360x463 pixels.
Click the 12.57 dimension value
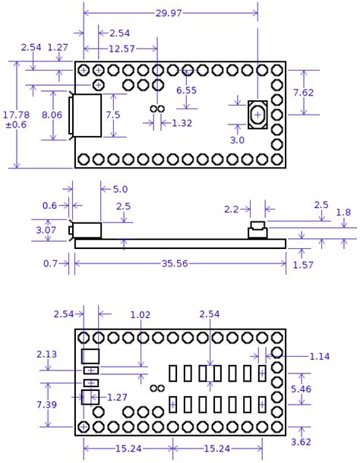[122, 49]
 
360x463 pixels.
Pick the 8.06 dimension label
[52, 115]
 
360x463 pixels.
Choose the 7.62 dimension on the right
[324, 93]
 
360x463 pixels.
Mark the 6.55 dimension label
[187, 90]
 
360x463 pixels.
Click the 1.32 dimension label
[182, 123]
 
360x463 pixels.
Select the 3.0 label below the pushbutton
[237, 140]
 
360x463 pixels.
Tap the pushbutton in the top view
[257, 115]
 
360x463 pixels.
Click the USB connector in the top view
[86, 115]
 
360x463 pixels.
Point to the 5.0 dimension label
[120, 189]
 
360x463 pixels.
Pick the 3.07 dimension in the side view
[46, 229]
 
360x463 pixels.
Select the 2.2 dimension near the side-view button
[232, 209]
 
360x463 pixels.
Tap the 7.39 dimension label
[46, 405]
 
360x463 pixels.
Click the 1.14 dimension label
[320, 355]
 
